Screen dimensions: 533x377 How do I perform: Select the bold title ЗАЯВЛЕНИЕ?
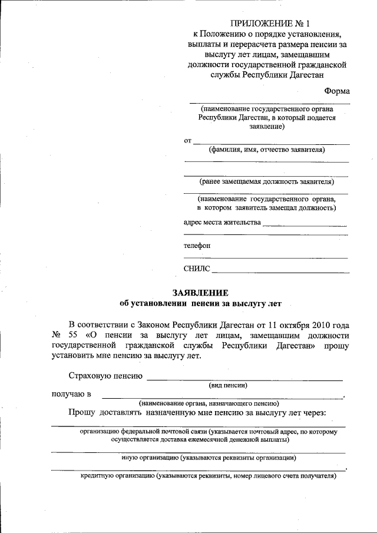tap(200, 293)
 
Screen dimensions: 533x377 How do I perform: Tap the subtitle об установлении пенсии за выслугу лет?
tap(200, 304)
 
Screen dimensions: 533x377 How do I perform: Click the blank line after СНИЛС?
tap(280, 272)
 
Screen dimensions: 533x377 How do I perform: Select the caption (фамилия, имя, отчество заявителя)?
tap(266, 150)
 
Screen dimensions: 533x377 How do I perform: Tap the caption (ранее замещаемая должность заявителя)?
tap(266, 181)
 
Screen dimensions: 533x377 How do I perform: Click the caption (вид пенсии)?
tap(228, 385)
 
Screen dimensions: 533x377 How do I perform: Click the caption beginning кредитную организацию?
tap(208, 476)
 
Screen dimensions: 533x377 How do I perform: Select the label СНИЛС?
tap(197, 270)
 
